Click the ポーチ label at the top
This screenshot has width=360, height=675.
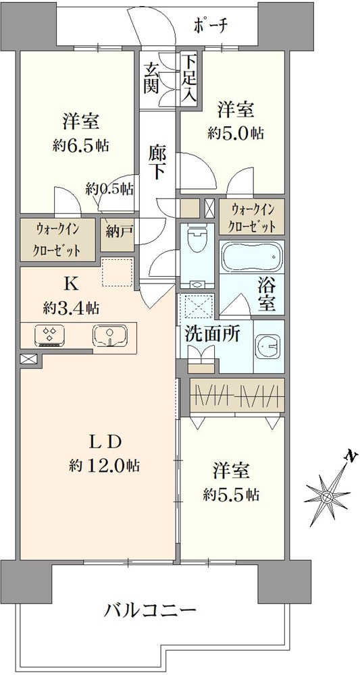[211, 25]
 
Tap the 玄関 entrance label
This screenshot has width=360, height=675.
[150, 78]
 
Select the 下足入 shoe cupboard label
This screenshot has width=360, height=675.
[188, 78]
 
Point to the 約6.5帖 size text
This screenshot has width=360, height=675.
[81, 144]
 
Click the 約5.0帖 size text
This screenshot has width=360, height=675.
[236, 133]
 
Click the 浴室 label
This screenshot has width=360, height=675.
[267, 295]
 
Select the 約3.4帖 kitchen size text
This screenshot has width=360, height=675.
[71, 308]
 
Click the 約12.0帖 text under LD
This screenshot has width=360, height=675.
[105, 466]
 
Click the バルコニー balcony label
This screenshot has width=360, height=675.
[151, 612]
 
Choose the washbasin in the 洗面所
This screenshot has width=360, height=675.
[268, 345]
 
